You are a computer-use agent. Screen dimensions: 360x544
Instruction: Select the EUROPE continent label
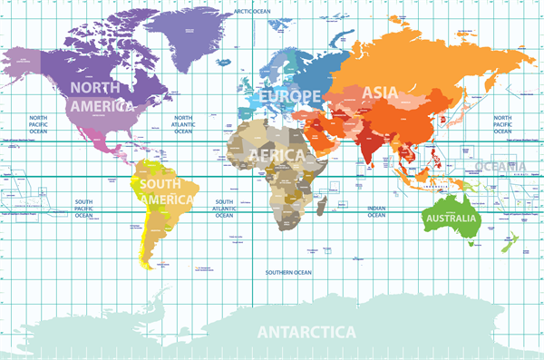tap(290, 96)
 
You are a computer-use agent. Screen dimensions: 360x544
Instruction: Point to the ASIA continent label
tap(380, 92)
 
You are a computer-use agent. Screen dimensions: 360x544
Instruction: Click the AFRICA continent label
tap(277, 155)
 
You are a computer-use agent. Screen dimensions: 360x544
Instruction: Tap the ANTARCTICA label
tap(306, 332)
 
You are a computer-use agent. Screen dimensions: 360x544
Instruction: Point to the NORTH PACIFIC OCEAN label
tap(38, 123)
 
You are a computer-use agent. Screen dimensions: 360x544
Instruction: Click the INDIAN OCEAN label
tap(377, 210)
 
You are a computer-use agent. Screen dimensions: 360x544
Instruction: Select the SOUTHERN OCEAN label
tap(288, 272)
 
